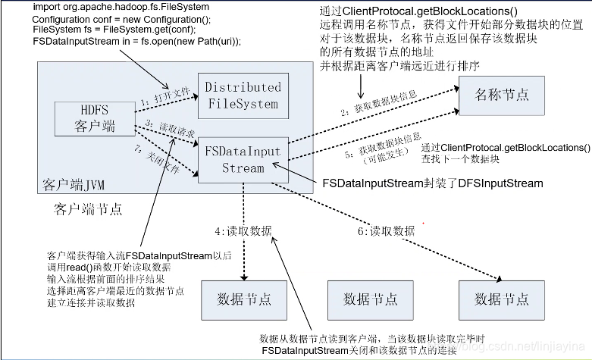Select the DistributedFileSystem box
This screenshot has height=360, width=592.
tap(243, 96)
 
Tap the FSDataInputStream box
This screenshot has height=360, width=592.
tap(243, 159)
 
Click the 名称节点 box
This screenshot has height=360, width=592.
tap(501, 95)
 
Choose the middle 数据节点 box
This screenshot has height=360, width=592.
tap(370, 299)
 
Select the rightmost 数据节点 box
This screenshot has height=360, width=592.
tap(501, 299)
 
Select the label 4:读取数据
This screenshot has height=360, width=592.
tap(243, 230)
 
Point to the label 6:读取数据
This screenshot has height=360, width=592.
tap(386, 230)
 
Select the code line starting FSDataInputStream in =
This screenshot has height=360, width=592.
tap(137, 40)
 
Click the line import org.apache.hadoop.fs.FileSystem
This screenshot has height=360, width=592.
tap(121, 7)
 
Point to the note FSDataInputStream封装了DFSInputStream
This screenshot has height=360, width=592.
tap(433, 183)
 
